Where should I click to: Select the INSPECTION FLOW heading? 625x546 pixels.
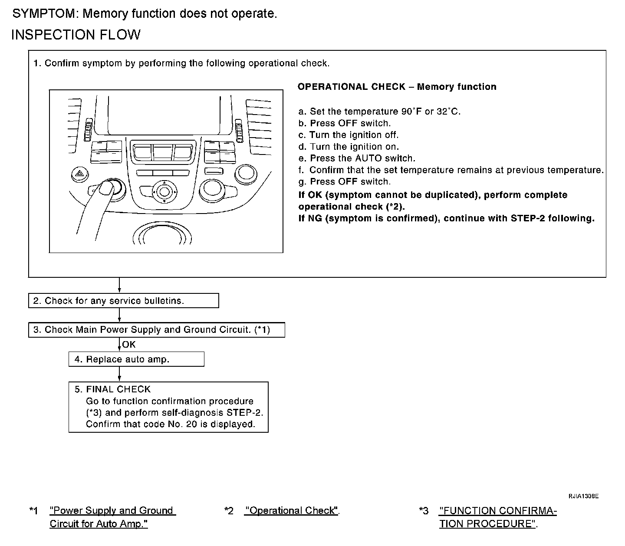pyautogui.click(x=76, y=35)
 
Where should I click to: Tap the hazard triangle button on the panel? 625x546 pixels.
pyautogui.click(x=79, y=174)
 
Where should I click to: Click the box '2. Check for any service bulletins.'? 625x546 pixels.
pyautogui.click(x=123, y=301)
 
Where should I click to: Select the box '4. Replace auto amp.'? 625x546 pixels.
pyautogui.click(x=136, y=359)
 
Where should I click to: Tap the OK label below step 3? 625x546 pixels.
pyautogui.click(x=129, y=345)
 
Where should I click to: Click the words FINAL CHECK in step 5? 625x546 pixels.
pyautogui.click(x=118, y=389)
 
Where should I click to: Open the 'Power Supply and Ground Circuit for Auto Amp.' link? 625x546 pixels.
pyautogui.click(x=112, y=517)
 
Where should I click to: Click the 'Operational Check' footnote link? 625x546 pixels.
pyautogui.click(x=291, y=511)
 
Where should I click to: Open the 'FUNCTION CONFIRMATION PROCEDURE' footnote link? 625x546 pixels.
pyautogui.click(x=497, y=517)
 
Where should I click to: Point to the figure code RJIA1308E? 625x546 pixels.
pyautogui.click(x=584, y=496)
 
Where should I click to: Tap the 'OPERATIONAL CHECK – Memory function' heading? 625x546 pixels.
pyautogui.click(x=397, y=87)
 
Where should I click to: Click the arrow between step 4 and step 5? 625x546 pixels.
pyautogui.click(x=119, y=374)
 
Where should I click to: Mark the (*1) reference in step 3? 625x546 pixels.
pyautogui.click(x=262, y=330)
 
